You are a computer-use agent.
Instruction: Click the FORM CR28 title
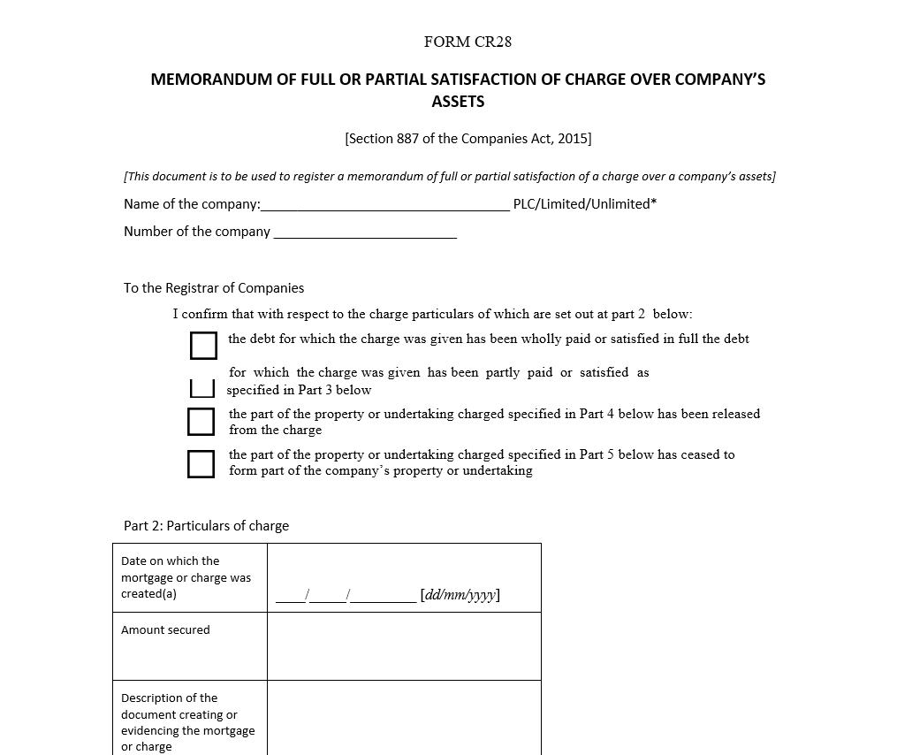pyautogui.click(x=468, y=42)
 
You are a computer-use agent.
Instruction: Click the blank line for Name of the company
pyautogui.click(x=385, y=205)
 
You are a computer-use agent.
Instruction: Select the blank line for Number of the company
pyautogui.click(x=365, y=233)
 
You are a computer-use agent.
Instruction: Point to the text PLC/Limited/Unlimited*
pyautogui.click(x=584, y=204)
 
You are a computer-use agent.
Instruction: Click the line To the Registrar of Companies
pyautogui.click(x=214, y=288)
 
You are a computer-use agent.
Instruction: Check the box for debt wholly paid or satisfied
pyautogui.click(x=203, y=346)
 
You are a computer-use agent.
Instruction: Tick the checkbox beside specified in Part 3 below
pyautogui.click(x=202, y=387)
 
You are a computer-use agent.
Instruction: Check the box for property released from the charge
pyautogui.click(x=201, y=422)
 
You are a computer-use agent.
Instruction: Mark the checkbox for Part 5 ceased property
pyautogui.click(x=201, y=463)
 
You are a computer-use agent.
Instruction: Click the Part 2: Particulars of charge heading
pyautogui.click(x=206, y=526)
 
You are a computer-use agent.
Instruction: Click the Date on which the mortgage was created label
pyautogui.click(x=186, y=577)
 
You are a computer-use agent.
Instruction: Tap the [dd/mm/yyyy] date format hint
pyautogui.click(x=460, y=595)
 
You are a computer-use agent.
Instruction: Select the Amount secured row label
pyautogui.click(x=165, y=630)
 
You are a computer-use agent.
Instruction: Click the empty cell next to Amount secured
pyautogui.click(x=404, y=646)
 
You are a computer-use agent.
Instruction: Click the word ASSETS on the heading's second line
pyautogui.click(x=458, y=102)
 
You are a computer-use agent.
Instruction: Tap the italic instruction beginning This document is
pyautogui.click(x=449, y=177)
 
